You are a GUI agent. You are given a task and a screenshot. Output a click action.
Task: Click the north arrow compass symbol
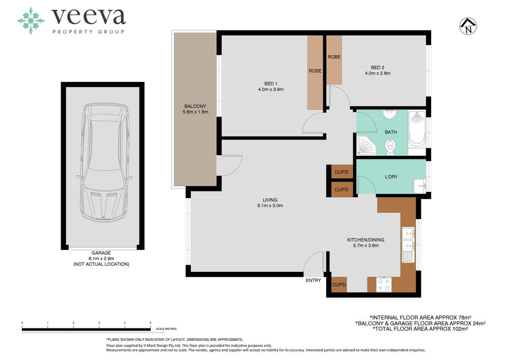click(468, 26)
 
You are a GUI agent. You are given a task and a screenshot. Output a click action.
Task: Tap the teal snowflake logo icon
click(31, 21)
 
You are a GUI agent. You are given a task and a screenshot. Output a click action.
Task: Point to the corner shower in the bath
click(366, 145)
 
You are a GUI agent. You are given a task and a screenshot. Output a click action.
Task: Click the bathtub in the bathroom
click(417, 128)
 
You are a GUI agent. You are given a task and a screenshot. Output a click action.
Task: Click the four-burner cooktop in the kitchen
click(384, 284)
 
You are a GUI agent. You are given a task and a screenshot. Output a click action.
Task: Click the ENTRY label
click(313, 281)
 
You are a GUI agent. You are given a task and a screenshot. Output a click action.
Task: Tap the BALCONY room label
click(195, 106)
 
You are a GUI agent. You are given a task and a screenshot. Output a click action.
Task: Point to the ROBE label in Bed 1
click(315, 71)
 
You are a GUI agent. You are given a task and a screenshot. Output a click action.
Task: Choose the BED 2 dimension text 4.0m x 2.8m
click(378, 73)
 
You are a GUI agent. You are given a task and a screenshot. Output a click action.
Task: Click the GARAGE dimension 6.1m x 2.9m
click(101, 258)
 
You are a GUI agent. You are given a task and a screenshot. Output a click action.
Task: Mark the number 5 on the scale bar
click(150, 323)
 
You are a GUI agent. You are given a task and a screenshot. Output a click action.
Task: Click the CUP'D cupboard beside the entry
click(339, 285)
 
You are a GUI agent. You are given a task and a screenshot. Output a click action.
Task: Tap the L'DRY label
click(391, 177)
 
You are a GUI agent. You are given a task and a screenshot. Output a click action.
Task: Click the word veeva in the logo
click(88, 17)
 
